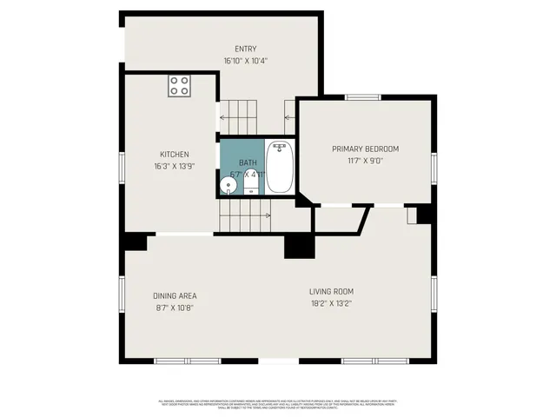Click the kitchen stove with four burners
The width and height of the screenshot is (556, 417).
pos(180,85)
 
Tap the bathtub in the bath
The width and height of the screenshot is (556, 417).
pos(279,167)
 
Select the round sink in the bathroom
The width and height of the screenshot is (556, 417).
pos(230,184)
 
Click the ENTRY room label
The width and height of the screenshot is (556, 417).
pos(246,50)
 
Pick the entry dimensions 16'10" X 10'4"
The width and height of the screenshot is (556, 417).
pos(246,61)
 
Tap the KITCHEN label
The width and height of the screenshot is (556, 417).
pos(174,155)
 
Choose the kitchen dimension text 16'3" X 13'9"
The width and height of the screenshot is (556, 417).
pos(174,166)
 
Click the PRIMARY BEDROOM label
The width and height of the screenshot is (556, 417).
pos(364,149)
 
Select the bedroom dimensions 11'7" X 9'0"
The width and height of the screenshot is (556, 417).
pos(364,160)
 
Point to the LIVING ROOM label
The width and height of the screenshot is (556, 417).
pos(331,291)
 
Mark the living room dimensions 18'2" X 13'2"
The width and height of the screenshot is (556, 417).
pos(331,303)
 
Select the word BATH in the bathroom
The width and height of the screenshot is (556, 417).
pos(248,162)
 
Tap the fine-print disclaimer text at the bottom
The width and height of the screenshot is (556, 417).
pos(278,403)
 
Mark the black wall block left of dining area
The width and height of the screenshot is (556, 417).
pos(136,242)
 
